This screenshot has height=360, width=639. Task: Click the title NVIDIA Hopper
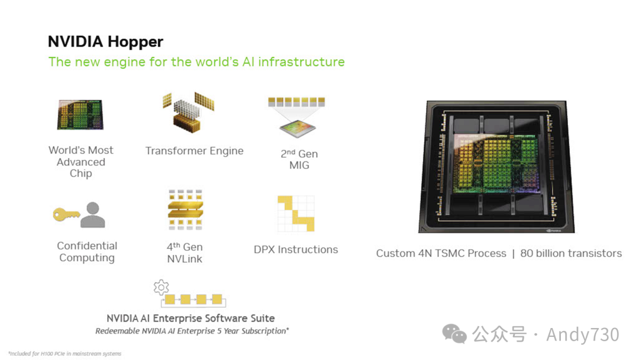click(x=105, y=42)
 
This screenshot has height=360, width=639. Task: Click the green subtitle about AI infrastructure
click(x=196, y=62)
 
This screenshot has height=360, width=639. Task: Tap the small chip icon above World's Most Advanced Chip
click(x=80, y=114)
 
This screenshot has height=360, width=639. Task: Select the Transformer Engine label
click(x=194, y=151)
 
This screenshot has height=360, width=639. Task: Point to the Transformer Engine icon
click(x=188, y=112)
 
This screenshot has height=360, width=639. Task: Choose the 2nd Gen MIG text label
click(x=299, y=159)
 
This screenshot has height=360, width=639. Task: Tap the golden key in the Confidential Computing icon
click(x=66, y=214)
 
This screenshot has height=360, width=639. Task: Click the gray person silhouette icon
click(x=93, y=215)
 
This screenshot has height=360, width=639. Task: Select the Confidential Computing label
click(x=87, y=252)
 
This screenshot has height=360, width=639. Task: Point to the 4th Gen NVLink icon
click(x=185, y=210)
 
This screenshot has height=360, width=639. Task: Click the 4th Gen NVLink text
click(x=185, y=253)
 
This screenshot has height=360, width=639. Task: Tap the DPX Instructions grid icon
click(x=296, y=213)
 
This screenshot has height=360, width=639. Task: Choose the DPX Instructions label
click(x=296, y=249)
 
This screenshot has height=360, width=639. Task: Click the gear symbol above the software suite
click(x=161, y=288)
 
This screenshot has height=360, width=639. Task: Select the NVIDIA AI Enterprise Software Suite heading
click(x=191, y=318)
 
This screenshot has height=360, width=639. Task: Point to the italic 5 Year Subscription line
click(x=192, y=331)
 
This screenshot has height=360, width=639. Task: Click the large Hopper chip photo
click(x=496, y=166)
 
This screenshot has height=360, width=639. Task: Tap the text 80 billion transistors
click(x=571, y=253)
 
